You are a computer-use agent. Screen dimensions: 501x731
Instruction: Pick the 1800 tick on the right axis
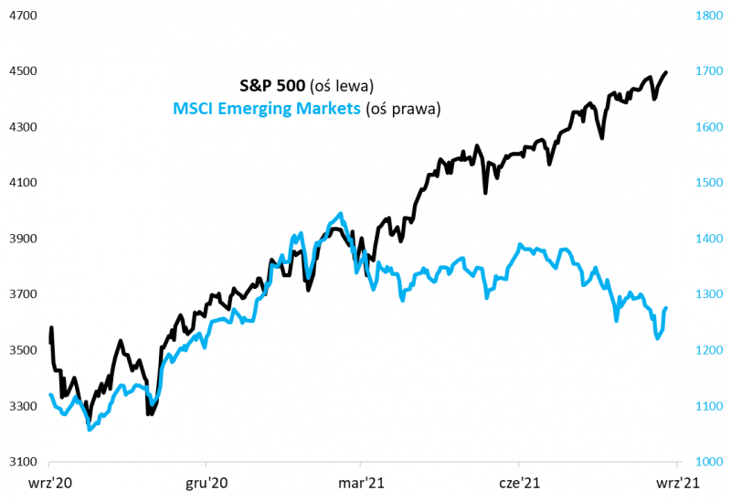pos(709,16)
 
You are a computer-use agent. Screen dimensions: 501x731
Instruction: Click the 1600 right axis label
pos(709,127)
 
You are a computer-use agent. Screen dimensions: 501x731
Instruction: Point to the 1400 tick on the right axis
pos(709,239)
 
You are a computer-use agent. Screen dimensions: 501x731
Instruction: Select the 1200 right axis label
pos(709,350)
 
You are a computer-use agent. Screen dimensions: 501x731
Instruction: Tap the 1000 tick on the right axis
pos(709,462)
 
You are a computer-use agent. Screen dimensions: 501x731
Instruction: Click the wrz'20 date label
pos(50,482)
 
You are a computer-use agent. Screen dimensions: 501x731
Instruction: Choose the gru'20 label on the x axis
pos(206,482)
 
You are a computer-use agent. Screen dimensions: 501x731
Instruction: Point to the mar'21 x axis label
pos(362,482)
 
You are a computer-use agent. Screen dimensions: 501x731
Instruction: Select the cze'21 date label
pos(519,482)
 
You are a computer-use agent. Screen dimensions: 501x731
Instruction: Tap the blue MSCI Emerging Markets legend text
pos(266,109)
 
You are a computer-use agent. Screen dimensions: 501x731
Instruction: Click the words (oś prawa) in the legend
pos(403,109)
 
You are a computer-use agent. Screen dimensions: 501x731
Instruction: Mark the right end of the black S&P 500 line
pos(665,72)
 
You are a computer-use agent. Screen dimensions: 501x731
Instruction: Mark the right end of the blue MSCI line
pos(665,308)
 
